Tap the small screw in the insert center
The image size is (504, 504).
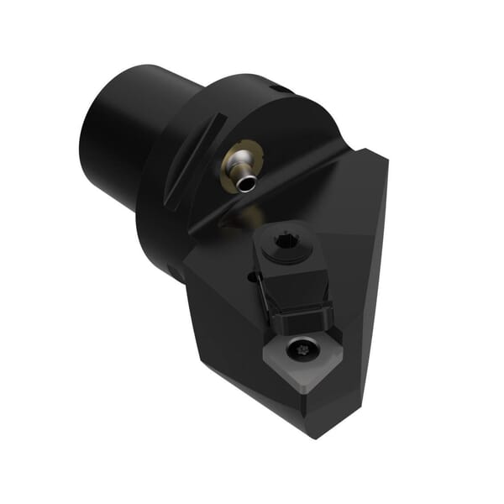[x=300, y=348]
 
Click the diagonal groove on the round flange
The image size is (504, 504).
[x=192, y=165]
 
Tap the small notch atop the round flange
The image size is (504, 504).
[x=277, y=87]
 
